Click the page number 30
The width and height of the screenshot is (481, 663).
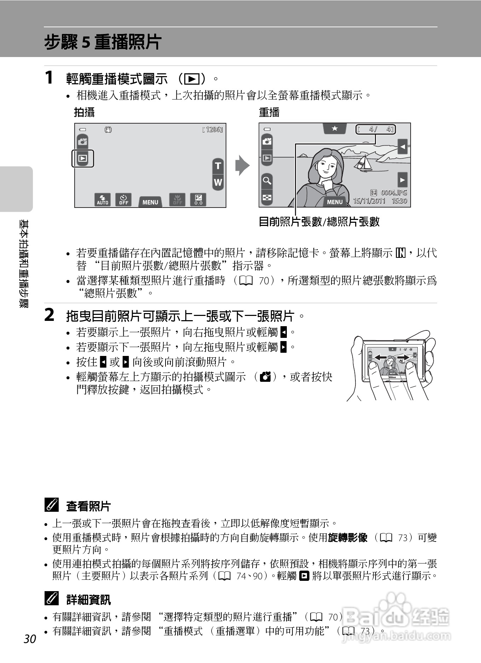(30, 639)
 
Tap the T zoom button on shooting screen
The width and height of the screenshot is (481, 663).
(218, 166)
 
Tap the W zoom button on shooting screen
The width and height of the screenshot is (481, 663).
(218, 182)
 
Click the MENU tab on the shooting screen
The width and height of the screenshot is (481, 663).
(150, 202)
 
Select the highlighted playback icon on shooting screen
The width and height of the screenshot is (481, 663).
(83, 158)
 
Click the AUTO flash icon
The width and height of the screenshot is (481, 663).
(103, 200)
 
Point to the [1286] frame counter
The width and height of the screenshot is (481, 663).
(212, 130)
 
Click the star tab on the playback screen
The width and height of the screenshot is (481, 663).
(335, 129)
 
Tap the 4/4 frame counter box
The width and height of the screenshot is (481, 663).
(375, 129)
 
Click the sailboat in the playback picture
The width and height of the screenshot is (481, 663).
(363, 163)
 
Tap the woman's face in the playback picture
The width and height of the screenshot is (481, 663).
(327, 166)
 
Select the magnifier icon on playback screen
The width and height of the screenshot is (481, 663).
(267, 181)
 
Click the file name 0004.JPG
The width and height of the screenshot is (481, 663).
(393, 193)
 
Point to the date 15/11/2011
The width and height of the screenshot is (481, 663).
(369, 201)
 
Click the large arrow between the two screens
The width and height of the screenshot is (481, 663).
(242, 165)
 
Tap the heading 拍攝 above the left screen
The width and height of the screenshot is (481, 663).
(84, 112)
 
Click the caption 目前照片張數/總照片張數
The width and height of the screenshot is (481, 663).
(319, 222)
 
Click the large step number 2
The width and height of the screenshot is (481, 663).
(50, 315)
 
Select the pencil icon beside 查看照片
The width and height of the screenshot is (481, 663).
(52, 505)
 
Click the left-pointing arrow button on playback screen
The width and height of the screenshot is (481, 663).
(402, 146)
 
